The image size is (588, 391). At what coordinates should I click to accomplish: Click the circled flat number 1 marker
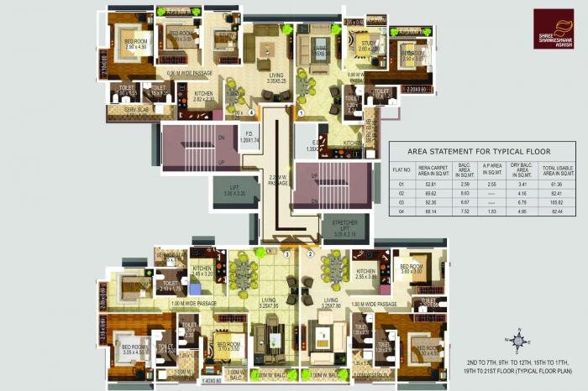tap(301, 112)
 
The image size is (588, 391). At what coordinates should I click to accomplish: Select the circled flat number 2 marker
tap(310, 253)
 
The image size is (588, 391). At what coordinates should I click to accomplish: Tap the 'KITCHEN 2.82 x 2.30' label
tap(203, 96)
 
